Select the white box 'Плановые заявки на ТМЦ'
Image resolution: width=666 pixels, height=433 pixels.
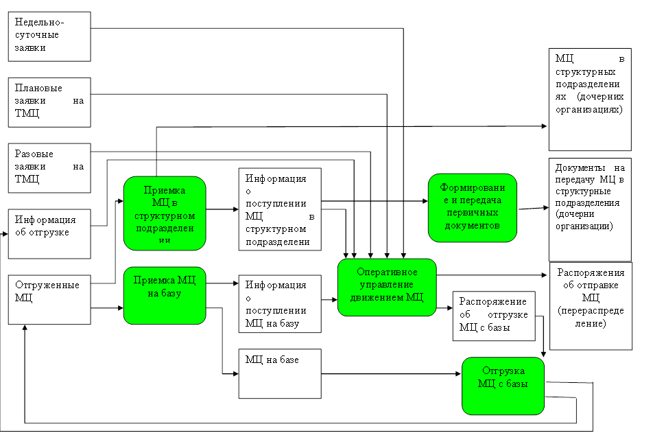pyautogui.click(x=49, y=102)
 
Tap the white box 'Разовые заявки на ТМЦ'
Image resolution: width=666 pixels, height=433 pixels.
pyautogui.click(x=49, y=167)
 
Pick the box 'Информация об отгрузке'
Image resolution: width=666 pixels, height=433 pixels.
pyautogui.click(x=49, y=234)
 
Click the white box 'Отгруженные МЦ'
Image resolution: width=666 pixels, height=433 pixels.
pyautogui.click(x=49, y=299)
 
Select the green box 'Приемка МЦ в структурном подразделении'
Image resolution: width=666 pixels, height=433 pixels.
pyautogui.click(x=165, y=213)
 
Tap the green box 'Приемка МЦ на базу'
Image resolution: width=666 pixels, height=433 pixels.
pyautogui.click(x=165, y=295)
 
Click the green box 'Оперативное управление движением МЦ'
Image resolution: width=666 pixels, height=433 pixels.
pyautogui.click(x=388, y=287)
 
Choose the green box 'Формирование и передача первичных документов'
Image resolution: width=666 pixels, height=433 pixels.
pyautogui.click(x=473, y=208)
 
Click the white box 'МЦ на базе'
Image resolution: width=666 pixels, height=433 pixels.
pyautogui.click(x=280, y=374)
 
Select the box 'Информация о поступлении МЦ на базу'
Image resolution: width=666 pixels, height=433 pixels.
pyautogui.click(x=280, y=304)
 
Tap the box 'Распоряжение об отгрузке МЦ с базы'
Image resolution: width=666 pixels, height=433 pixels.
pyautogui.click(x=494, y=316)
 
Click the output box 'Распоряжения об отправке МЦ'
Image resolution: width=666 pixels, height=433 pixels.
pyautogui.click(x=591, y=305)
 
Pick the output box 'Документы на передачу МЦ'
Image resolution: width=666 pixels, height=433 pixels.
pyautogui.click(x=591, y=209)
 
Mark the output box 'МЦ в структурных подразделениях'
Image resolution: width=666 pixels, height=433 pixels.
pyautogui.click(x=591, y=99)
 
